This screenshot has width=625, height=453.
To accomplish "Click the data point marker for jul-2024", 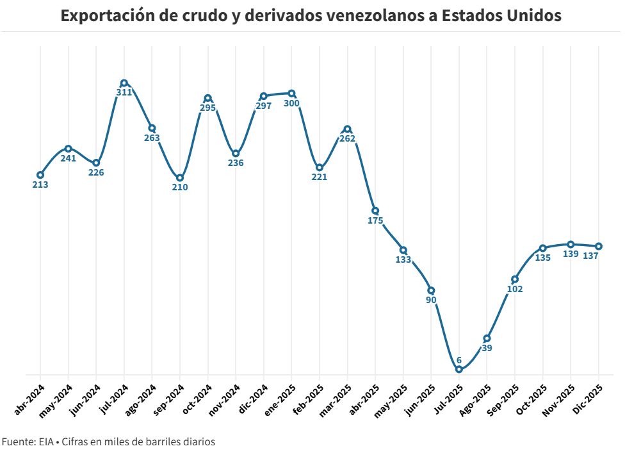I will pos(124,83).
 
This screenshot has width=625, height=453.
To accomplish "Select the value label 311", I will pos(124,92).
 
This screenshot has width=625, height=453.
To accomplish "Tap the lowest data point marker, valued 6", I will pos(459,369).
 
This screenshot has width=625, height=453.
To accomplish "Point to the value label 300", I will pos(291,103).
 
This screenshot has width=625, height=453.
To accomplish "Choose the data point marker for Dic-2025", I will pos(598,246).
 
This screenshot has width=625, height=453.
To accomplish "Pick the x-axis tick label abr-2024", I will pos(29,400).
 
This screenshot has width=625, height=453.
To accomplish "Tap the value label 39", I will pos(487,348).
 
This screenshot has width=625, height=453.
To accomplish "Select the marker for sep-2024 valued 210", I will pos(180,177).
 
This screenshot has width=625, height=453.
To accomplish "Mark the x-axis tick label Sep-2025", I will pos(503,400).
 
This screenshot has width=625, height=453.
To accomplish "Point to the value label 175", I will pos(375,220).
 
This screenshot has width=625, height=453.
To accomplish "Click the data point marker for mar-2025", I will pos(347,129).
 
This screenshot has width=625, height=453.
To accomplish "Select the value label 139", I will pos(571,254).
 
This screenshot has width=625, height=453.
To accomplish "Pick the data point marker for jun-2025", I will pos(431,290).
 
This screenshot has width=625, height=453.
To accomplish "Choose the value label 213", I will pos(40,185).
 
